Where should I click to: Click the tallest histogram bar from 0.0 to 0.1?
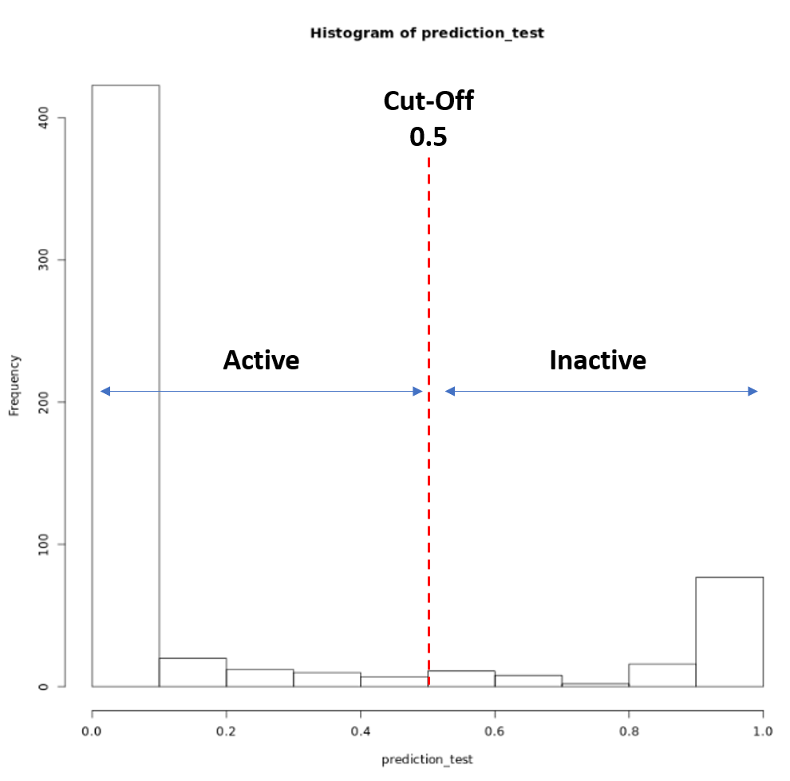(125, 383)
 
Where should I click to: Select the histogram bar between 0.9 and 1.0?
(729, 631)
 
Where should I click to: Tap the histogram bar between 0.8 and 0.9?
(662, 675)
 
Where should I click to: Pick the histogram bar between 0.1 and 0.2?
(192, 673)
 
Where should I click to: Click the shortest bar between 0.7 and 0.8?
(594, 684)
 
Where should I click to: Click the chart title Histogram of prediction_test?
(426, 34)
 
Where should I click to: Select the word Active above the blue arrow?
(261, 361)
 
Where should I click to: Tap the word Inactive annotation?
(598, 361)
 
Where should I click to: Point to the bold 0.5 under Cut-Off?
(429, 137)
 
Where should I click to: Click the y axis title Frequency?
(14, 385)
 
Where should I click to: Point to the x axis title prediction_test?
(427, 759)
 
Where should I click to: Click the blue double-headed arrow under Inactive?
(601, 391)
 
